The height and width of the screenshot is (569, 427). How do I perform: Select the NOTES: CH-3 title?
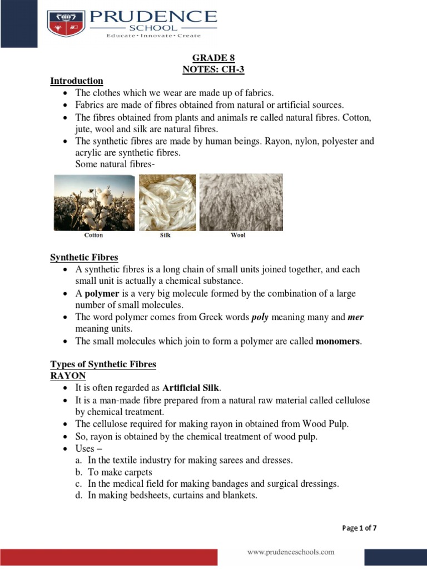click(213, 69)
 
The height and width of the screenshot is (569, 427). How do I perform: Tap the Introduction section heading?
click(77, 81)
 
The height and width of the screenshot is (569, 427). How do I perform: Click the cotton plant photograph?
click(93, 202)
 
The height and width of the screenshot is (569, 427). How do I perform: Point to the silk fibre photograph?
click(166, 202)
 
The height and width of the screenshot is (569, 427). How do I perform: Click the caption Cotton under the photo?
click(93, 235)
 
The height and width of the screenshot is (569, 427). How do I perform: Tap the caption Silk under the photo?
click(165, 235)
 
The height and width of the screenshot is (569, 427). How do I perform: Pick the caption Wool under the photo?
click(238, 235)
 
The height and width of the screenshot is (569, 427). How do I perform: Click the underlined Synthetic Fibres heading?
click(84, 257)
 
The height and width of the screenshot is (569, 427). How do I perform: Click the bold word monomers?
click(338, 341)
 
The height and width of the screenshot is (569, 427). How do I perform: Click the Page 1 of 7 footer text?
click(359, 528)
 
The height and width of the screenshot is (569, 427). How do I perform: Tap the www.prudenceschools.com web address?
click(291, 552)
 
